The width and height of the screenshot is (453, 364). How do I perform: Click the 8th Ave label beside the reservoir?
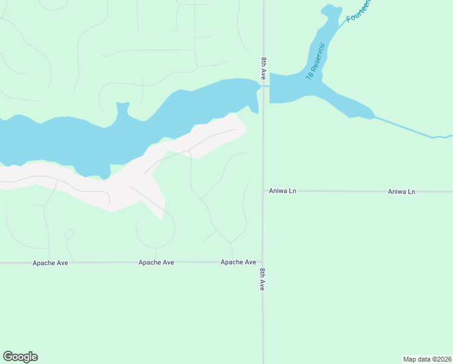263,69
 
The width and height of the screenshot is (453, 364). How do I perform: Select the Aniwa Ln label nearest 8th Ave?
283,191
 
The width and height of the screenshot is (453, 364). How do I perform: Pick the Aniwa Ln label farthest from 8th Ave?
402,192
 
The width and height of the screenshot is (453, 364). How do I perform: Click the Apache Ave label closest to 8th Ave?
238,262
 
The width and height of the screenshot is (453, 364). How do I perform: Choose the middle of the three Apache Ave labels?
156,263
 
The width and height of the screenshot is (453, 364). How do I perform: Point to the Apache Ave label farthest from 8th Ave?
50,263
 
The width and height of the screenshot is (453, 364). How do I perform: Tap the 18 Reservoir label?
316,62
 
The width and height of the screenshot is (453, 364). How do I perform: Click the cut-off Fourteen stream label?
359,10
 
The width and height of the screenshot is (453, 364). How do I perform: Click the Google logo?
20,357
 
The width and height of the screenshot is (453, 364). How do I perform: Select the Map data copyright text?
428,359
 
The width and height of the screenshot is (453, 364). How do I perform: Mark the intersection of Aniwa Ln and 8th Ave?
263,190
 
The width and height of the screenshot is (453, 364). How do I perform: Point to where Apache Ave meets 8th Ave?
263,262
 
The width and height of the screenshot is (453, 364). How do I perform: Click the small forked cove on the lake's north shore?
123,110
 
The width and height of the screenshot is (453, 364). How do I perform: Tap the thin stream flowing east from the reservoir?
412,129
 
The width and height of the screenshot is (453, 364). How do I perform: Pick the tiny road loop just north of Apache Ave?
69,234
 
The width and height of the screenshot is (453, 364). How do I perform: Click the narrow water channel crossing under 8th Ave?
264,86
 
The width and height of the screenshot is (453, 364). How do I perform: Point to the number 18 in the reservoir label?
309,76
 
